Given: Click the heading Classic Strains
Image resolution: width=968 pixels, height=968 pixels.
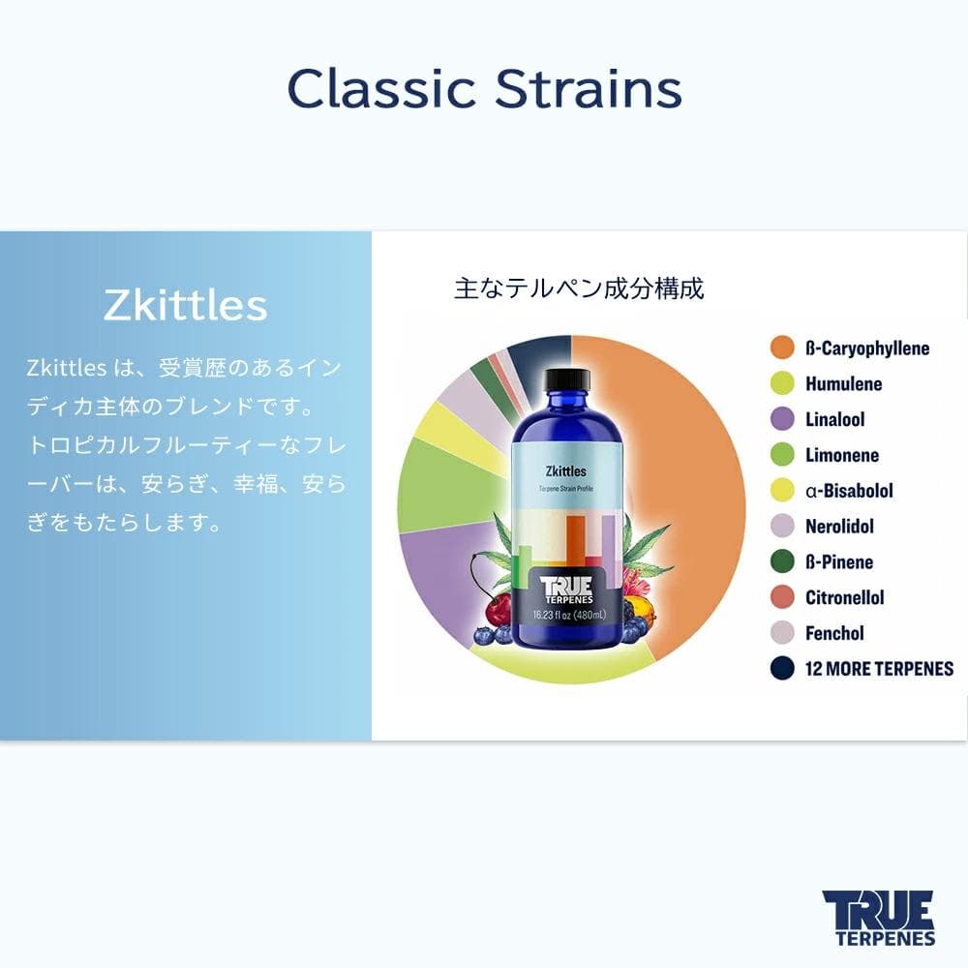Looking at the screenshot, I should point(484,89).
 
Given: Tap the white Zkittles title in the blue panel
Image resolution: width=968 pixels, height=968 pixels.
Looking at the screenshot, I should point(185,306).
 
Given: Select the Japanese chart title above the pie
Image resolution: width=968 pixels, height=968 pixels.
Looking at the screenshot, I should point(579,288).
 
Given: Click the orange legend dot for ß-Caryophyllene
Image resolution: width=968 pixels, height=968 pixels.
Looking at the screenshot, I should point(782,348).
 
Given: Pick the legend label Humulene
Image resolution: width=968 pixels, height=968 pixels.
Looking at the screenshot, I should point(843,384).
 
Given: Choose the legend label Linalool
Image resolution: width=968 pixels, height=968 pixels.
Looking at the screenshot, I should point(834,420).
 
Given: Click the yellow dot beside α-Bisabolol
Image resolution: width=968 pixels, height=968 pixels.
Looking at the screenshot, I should point(782,491).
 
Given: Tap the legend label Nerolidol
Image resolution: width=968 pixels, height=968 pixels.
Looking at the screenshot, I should point(839,527).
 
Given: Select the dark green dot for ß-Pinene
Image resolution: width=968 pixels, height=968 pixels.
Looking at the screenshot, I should point(782,562).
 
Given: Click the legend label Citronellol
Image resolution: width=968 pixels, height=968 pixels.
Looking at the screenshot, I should point(844,597).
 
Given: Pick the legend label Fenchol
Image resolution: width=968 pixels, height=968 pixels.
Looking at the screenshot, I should point(834,633).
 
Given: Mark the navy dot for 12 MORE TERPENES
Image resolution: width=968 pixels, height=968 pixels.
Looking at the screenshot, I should point(782,669).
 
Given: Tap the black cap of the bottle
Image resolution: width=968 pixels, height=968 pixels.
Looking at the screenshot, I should point(566,378).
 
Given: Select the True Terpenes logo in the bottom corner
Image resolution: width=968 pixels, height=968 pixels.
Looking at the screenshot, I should point(878,917).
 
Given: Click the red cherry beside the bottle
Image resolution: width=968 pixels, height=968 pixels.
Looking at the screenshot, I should point(499,608).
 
